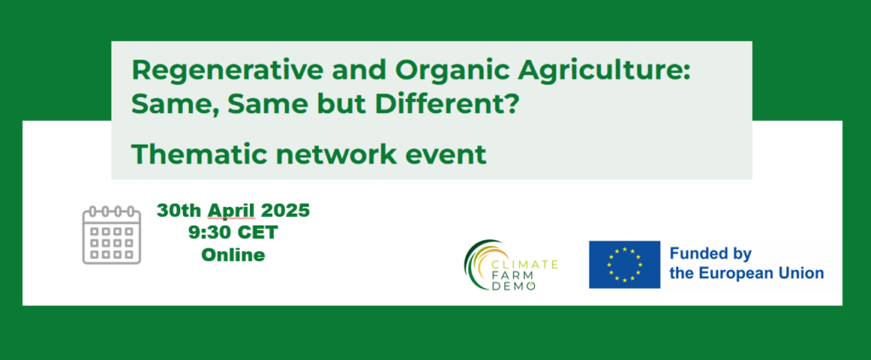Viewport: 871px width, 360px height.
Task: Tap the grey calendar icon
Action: coord(111,235)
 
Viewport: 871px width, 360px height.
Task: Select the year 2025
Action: coord(284,211)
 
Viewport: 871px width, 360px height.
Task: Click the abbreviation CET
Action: coord(257,233)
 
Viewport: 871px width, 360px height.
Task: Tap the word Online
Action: coord(233,255)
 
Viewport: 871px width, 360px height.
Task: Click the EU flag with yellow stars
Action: coord(624,265)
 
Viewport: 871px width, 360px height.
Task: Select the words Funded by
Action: coord(710,254)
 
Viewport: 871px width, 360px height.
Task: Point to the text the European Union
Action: coord(747,273)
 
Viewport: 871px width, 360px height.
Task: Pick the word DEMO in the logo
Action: coord(514,286)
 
